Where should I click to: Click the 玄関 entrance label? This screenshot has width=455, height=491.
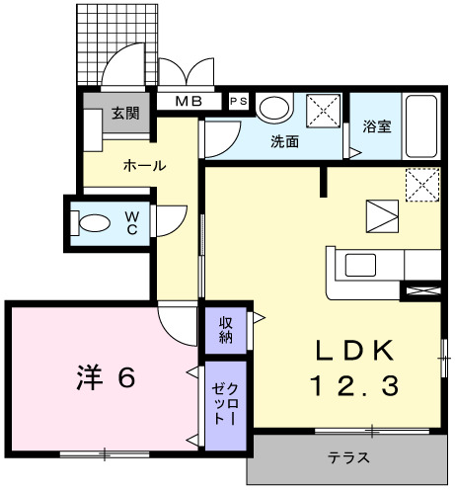[x=124, y=113]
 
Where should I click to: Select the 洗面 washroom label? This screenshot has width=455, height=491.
[x=285, y=140]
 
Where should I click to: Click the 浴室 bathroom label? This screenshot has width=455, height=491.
[x=376, y=126]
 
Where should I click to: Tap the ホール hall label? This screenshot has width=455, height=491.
[x=144, y=165]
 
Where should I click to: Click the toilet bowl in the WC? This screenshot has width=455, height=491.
[x=95, y=222]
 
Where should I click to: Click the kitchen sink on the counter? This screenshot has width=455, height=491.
[x=358, y=265]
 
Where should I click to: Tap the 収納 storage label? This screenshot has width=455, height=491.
[x=227, y=328]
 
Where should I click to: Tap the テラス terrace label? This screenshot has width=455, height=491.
[x=348, y=457]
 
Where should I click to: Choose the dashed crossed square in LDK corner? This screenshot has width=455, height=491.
[x=421, y=184]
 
